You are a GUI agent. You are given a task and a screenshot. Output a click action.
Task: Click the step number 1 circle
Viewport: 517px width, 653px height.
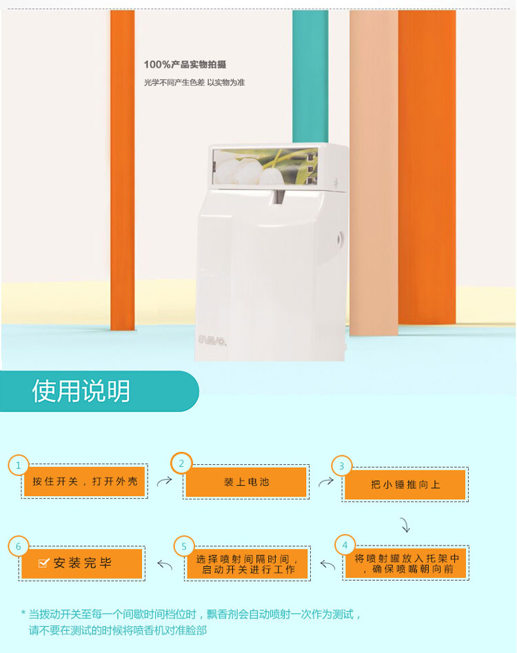pyautogui.click(x=19, y=465)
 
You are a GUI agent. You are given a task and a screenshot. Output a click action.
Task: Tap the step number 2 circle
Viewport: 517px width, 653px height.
pyautogui.click(x=181, y=463)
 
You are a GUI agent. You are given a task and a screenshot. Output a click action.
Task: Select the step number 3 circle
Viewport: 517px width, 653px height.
pyautogui.click(x=342, y=466)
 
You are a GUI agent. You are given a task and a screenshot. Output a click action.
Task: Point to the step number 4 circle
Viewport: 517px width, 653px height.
pyautogui.click(x=345, y=545)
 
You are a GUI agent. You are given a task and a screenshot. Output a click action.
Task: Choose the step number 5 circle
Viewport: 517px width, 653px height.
pyautogui.click(x=184, y=546)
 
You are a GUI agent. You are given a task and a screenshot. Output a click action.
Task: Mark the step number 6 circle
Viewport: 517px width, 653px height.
pyautogui.click(x=19, y=546)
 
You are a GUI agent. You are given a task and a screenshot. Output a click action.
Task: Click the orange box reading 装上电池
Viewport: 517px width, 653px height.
pyautogui.click(x=246, y=482)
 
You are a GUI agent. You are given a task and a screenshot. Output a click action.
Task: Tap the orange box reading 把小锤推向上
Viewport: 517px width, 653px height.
pyautogui.click(x=405, y=484)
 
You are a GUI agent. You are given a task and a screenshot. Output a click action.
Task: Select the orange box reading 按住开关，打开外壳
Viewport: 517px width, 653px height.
pyautogui.click(x=84, y=481)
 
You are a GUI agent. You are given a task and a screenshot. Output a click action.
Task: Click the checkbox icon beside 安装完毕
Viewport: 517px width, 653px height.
pyautogui.click(x=43, y=563)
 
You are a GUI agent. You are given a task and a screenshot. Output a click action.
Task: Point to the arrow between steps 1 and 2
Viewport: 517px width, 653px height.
pyautogui.click(x=165, y=481)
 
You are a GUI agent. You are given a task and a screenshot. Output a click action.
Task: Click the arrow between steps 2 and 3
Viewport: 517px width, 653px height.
pyautogui.click(x=326, y=481)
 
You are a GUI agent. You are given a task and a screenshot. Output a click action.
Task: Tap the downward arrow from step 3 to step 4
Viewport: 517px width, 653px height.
pyautogui.click(x=405, y=525)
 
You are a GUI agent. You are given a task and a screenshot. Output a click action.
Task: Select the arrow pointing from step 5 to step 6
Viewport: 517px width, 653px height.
pyautogui.click(x=165, y=565)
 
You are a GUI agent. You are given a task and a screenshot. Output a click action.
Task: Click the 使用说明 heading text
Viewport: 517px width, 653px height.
pyautogui.click(x=81, y=391)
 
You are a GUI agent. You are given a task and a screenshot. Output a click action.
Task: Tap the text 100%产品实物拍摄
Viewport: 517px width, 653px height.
pyautogui.click(x=185, y=65)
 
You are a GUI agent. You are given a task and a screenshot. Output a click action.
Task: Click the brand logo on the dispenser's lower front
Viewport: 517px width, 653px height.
pyautogui.click(x=212, y=340)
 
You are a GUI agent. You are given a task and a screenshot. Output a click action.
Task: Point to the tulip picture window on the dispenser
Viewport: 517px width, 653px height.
pyautogui.click(x=265, y=167)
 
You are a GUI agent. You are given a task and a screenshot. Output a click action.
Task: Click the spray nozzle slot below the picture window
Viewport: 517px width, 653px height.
pyautogui.click(x=278, y=198)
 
